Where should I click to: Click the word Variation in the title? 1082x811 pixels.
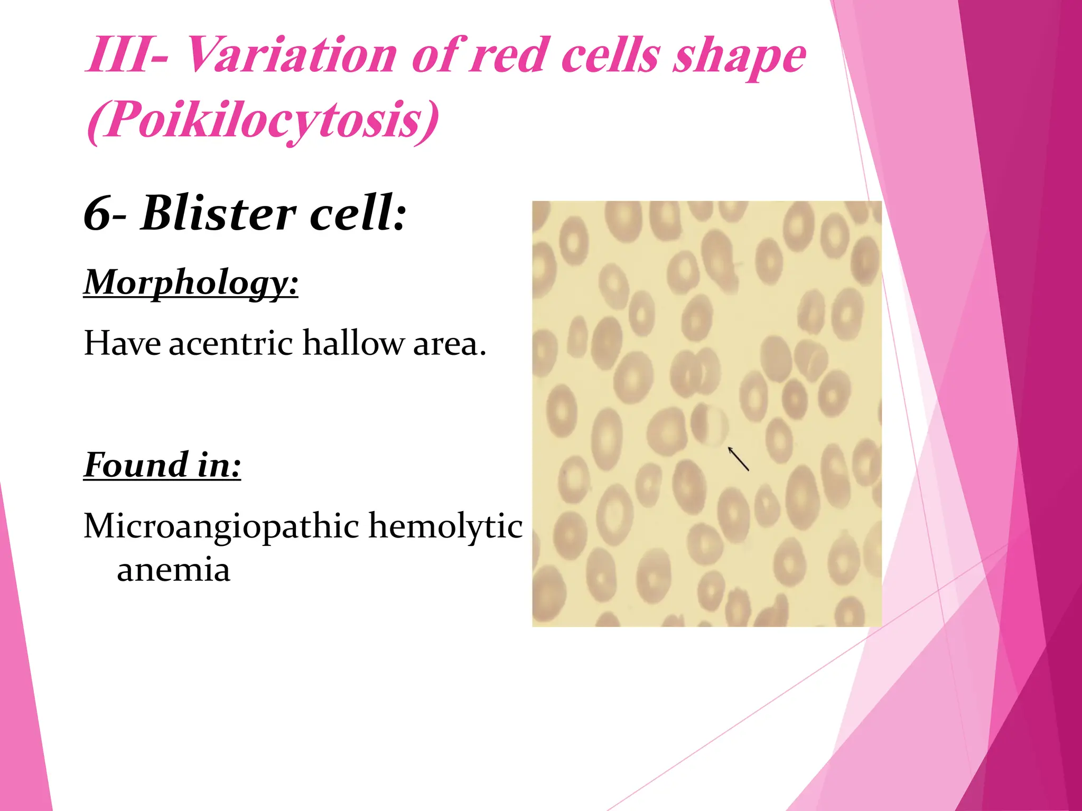click(x=291, y=55)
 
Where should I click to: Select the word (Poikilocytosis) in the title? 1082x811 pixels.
click(x=263, y=120)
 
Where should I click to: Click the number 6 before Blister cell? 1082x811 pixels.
click(x=98, y=214)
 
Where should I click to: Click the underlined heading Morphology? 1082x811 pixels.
click(x=191, y=282)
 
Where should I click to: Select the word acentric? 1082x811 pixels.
click(x=231, y=343)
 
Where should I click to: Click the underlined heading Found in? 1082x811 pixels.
click(x=162, y=465)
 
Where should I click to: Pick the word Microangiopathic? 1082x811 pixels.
click(x=221, y=527)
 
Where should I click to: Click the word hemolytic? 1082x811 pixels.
click(x=445, y=526)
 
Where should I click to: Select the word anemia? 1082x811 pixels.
click(x=173, y=570)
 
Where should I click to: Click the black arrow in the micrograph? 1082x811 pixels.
click(x=739, y=459)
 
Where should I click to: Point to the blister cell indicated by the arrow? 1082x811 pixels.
click(x=709, y=425)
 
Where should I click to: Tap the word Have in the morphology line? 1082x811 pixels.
click(x=122, y=343)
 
